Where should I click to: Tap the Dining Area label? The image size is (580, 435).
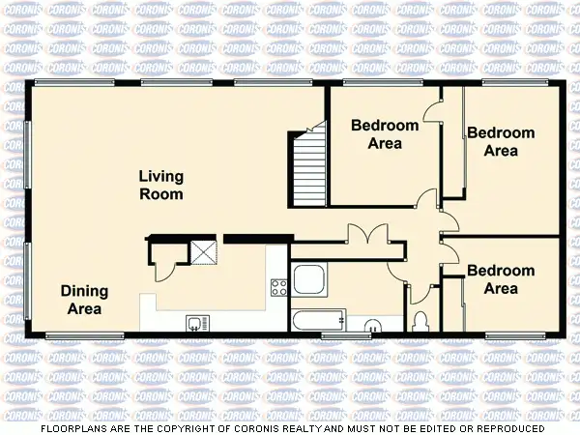point(84,300)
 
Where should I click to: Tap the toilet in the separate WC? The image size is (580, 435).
point(420,320)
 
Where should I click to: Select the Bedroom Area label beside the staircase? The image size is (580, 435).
point(385,134)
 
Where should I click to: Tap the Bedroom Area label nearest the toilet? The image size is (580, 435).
point(500,279)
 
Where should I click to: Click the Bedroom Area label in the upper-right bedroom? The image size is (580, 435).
point(500,141)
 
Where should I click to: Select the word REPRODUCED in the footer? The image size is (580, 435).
point(504,427)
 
